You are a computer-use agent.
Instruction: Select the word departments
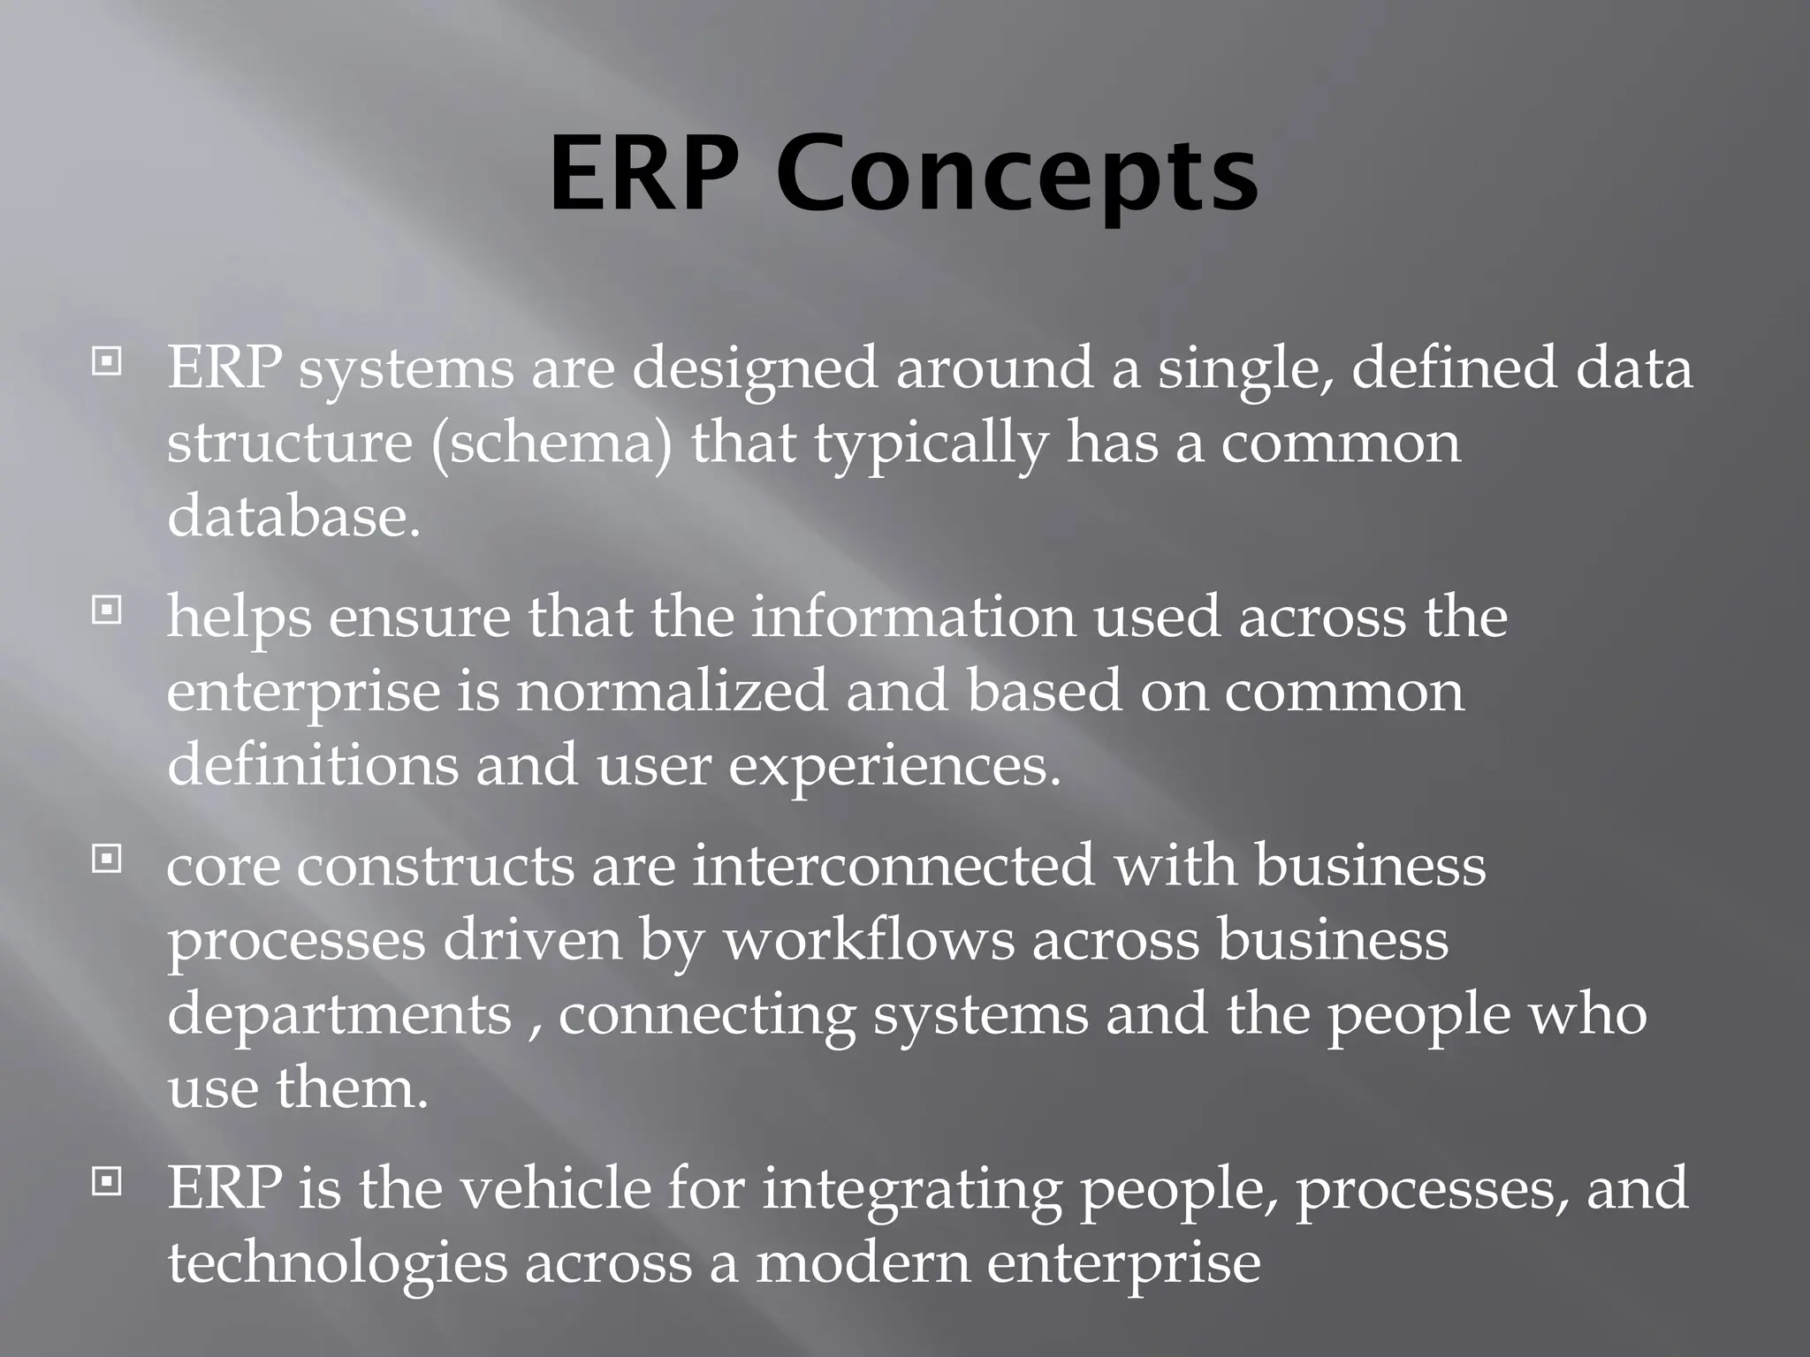[340, 1015]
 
